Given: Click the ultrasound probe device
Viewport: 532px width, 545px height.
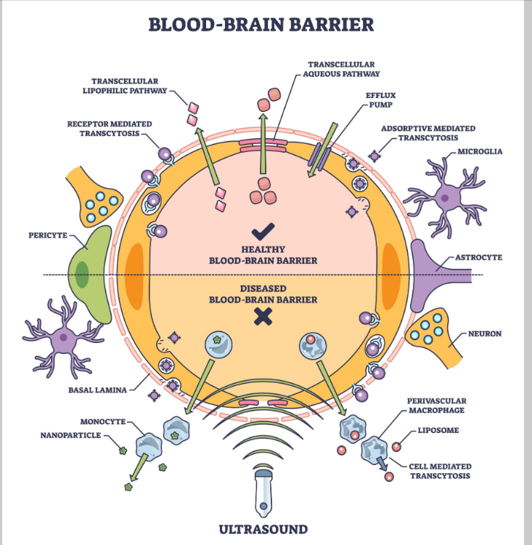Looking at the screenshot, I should click(263, 491).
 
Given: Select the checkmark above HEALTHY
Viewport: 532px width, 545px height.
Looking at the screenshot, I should click(261, 233).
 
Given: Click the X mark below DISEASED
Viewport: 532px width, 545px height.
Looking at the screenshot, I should click(262, 317).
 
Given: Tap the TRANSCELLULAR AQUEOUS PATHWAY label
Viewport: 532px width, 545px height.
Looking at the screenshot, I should click(344, 69).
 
